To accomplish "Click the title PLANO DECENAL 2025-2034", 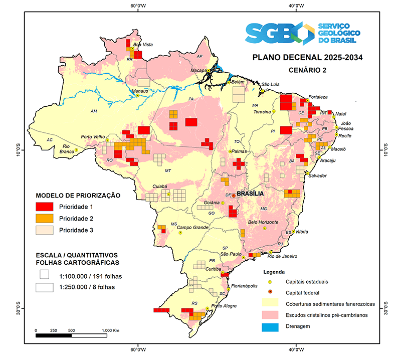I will [307, 57].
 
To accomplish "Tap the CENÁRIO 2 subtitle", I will [307, 70].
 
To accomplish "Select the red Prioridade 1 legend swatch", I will [45, 207].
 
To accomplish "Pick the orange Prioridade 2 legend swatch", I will [45, 219].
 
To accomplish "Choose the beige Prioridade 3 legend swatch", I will [45, 231].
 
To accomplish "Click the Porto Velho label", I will [93, 137].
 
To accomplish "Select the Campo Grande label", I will [194, 234].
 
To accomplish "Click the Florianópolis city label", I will [246, 286].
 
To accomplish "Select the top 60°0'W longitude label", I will [138, 6].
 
